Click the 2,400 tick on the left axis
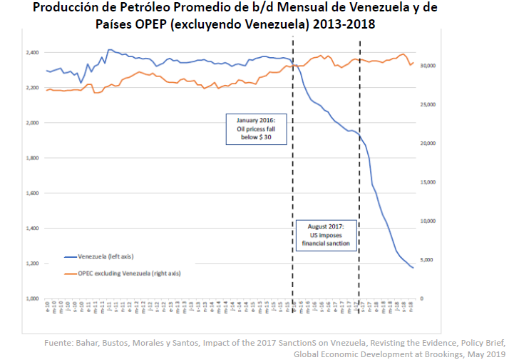coord(32,53)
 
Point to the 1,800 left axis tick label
coord(32,158)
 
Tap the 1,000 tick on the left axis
coord(32,299)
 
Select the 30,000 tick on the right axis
coord(428,66)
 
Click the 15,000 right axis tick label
coord(428,182)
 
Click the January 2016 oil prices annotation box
coord(257,129)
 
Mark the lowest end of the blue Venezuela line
coord(413,268)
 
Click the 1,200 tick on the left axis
coord(32,264)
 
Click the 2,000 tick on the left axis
coord(32,123)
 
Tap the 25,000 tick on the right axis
coord(428,105)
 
